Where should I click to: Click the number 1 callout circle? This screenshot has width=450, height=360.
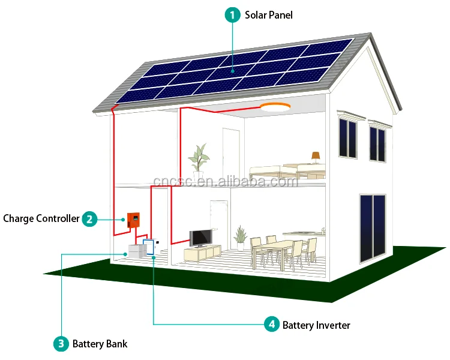point(232,15)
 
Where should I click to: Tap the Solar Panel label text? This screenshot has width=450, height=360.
point(269,15)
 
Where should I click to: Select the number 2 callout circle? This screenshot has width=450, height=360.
point(89,219)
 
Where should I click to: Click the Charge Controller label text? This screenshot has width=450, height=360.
point(41,219)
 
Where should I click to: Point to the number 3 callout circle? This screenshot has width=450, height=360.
point(61,344)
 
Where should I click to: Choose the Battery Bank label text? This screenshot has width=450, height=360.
point(100,344)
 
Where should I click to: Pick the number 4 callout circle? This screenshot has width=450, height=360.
point(271,325)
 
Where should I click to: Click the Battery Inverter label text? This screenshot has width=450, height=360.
point(316,325)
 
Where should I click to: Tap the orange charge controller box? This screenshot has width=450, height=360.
point(133,220)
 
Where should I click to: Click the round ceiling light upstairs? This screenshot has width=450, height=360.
point(275,107)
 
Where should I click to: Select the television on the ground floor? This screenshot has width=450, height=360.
point(201,238)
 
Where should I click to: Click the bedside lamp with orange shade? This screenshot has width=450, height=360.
point(316,157)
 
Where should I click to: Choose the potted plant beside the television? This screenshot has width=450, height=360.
point(240,238)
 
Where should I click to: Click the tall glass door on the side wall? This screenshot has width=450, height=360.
point(373,228)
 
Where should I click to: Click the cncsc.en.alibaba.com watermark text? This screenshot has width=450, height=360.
point(226,181)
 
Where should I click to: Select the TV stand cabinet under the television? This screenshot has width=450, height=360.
point(202,253)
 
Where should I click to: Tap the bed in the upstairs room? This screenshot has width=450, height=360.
point(287,172)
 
